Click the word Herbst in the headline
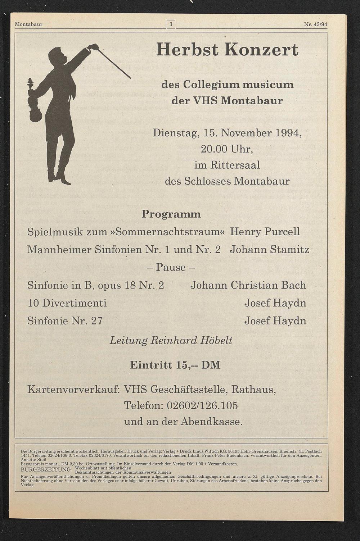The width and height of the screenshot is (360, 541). point(187,50)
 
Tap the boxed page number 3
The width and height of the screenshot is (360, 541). point(171,24)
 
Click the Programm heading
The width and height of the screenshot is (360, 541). point(171,214)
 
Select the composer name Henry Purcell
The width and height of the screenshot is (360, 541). point(265,232)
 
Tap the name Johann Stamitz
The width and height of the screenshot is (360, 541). point(270,249)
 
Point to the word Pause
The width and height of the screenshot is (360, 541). point(171,267)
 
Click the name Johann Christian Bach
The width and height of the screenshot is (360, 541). point(248,285)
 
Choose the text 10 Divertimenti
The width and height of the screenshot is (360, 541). point(67,303)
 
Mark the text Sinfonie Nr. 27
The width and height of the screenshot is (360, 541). point(65,320)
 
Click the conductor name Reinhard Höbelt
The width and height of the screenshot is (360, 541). point(191,340)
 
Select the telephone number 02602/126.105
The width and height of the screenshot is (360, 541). point(202,406)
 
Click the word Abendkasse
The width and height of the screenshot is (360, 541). point(211,422)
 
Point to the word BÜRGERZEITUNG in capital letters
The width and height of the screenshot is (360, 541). point(46,470)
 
